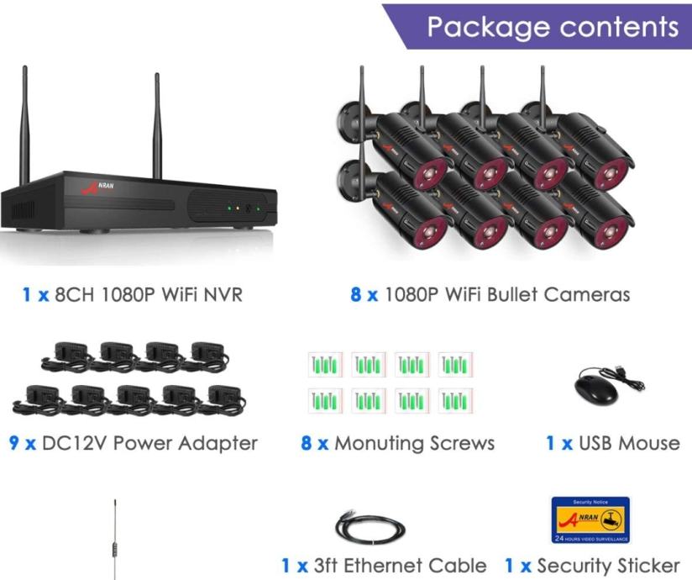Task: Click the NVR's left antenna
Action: [24, 126]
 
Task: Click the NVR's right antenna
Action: [157, 126]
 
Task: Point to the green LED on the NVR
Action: [228, 207]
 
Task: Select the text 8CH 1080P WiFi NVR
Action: [149, 295]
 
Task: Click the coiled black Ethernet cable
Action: [370, 529]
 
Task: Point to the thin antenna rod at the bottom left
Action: [115, 538]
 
